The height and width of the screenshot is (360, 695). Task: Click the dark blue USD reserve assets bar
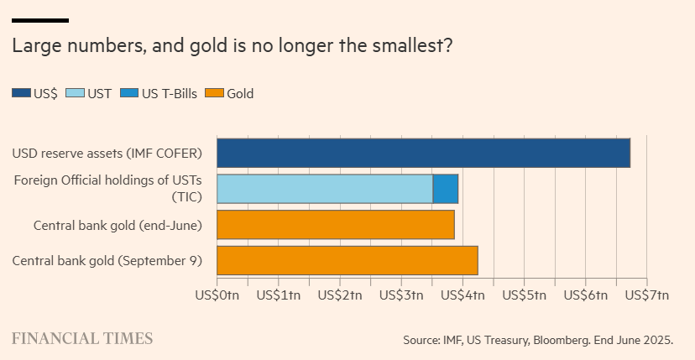(x=423, y=153)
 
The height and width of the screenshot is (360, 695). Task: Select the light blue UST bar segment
(x=325, y=189)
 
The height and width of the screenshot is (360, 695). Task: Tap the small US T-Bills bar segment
(x=446, y=189)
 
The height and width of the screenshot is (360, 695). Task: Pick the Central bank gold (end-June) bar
(x=336, y=224)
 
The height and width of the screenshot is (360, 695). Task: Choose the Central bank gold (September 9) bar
(x=347, y=260)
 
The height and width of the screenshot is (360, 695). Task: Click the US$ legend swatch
(x=21, y=94)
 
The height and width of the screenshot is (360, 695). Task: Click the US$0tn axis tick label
(x=217, y=295)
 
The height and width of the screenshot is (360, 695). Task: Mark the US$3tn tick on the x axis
(x=401, y=295)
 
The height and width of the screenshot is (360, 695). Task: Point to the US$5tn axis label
(x=524, y=295)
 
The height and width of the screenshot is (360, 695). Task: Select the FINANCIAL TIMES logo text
(x=82, y=338)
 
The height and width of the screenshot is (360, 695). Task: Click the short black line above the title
(x=40, y=20)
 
